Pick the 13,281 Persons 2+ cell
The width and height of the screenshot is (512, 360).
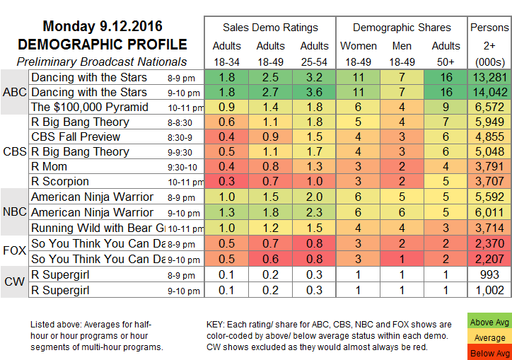489,77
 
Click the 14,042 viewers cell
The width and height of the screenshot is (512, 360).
489,92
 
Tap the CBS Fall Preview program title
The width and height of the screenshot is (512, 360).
79,136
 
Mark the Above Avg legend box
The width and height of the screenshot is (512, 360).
489,323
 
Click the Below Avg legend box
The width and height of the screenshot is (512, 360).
489,352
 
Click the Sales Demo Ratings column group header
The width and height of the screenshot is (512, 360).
270,28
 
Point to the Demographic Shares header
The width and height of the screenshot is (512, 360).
402,28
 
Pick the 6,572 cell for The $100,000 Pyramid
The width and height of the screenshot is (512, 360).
489,107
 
